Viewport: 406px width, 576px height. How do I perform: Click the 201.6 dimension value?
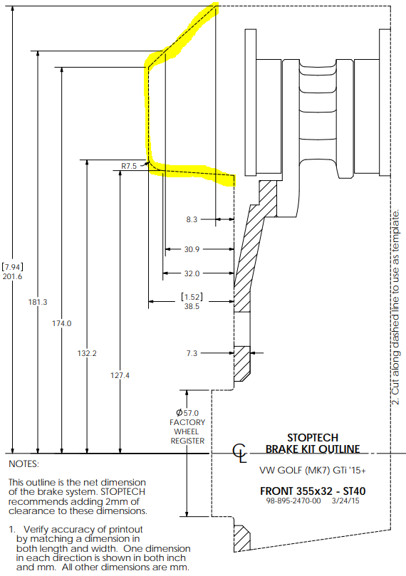(x=13, y=277)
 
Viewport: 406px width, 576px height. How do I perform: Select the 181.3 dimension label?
(x=38, y=302)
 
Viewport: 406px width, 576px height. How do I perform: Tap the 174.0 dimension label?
(x=62, y=323)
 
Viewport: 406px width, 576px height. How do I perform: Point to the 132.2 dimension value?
(x=87, y=353)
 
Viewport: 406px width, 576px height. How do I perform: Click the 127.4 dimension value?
(x=120, y=375)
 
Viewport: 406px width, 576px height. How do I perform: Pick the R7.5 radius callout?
(x=129, y=166)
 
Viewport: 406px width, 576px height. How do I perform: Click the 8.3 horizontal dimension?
(x=192, y=220)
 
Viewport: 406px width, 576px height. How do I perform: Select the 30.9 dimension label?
(x=192, y=249)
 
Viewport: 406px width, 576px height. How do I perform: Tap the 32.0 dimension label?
(x=192, y=273)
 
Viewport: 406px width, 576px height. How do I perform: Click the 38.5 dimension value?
(x=192, y=306)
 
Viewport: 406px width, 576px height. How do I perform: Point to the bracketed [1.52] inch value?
(x=192, y=297)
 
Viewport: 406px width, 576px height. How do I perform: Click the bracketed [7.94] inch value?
(x=13, y=267)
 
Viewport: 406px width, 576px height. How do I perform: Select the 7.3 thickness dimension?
(x=192, y=353)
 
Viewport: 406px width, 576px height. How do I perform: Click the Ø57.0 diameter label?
(x=187, y=413)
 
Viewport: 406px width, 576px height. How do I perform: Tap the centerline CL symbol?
(x=239, y=453)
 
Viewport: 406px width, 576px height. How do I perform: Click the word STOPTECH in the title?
(x=313, y=438)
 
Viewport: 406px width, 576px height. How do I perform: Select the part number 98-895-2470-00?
(x=293, y=501)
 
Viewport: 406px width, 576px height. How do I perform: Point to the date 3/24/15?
(x=345, y=501)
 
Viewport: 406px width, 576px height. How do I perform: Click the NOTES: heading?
(x=24, y=464)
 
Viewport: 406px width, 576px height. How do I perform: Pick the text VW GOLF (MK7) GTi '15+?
(x=312, y=471)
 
